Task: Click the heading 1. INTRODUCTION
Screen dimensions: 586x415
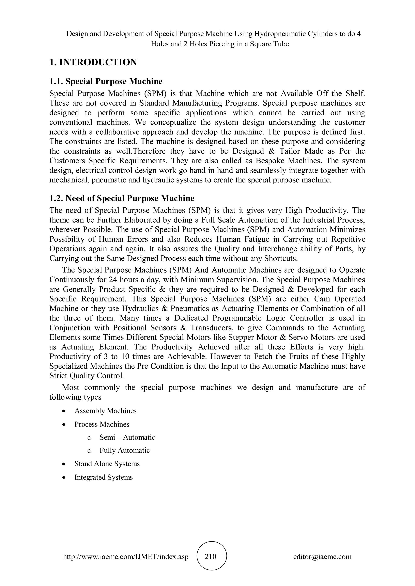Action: tap(93, 62)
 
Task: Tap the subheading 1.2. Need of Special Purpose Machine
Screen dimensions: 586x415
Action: tap(122, 198)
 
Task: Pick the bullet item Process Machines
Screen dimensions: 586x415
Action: tap(102, 424)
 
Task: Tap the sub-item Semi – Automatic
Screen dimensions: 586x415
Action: tap(127, 437)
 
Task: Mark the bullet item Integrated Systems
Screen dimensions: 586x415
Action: tap(104, 477)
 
